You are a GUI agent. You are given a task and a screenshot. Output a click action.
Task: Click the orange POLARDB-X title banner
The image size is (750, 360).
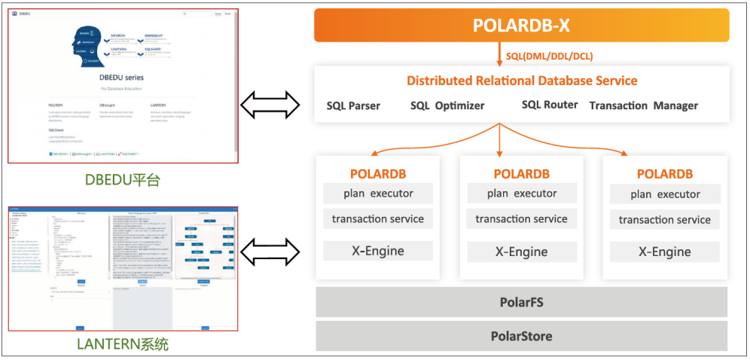click(521, 25)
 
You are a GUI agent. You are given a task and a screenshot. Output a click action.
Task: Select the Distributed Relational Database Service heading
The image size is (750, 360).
click(522, 81)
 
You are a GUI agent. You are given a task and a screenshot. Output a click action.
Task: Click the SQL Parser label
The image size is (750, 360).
click(353, 105)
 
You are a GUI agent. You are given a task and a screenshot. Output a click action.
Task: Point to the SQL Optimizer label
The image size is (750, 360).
click(447, 105)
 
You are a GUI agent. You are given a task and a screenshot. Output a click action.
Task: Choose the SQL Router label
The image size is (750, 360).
click(550, 105)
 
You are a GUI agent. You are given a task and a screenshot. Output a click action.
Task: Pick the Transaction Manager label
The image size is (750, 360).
click(643, 105)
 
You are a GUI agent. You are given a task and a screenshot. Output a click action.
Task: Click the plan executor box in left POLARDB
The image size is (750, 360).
click(378, 194)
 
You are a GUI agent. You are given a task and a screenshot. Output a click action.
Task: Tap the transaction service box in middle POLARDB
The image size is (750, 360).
click(521, 219)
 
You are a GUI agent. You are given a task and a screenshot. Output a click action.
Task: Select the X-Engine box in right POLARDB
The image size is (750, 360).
click(665, 252)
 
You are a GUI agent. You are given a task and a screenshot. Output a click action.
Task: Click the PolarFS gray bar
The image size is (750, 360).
click(521, 303)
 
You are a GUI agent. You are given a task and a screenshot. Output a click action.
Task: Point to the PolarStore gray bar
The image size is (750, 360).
click(521, 336)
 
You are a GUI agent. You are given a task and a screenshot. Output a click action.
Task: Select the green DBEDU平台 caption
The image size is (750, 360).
click(123, 180)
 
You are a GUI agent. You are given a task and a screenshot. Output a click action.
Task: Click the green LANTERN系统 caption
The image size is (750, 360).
click(123, 345)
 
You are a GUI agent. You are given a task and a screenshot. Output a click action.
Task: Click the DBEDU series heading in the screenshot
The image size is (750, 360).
click(123, 78)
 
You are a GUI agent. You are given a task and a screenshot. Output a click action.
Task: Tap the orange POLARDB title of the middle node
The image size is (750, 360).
click(521, 174)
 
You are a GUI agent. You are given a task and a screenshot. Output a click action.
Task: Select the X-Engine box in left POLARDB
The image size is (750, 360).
click(378, 252)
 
